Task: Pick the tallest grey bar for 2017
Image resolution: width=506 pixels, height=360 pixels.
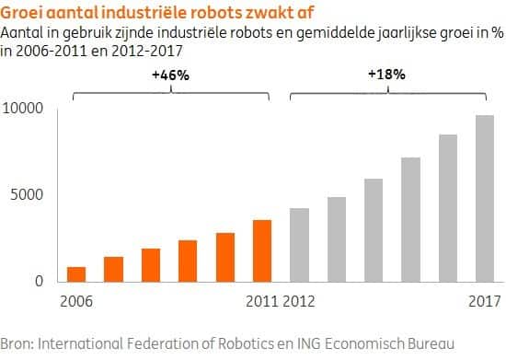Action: pyautogui.click(x=485, y=198)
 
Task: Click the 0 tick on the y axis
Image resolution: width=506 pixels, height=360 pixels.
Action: pyautogui.click(x=38, y=282)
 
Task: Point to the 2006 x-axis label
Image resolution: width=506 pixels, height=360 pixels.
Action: pyautogui.click(x=76, y=301)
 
